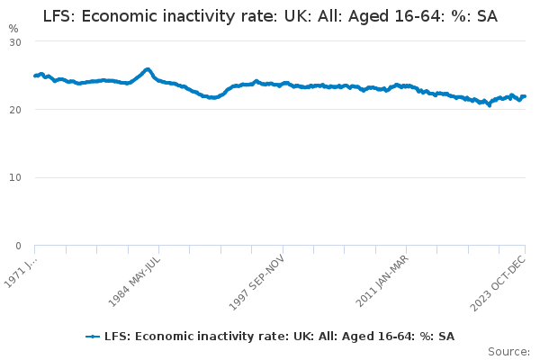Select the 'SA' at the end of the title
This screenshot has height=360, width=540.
click(x=486, y=16)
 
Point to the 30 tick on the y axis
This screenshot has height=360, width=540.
click(x=15, y=42)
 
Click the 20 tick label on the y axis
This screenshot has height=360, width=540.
click(x=15, y=110)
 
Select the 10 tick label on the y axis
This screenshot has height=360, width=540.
click(x=15, y=177)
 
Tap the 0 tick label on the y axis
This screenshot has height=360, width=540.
click(x=18, y=246)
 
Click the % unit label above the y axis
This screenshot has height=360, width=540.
click(x=13, y=29)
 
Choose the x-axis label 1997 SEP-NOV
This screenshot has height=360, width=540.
click(x=257, y=281)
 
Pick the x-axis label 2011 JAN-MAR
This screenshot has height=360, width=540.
click(x=382, y=281)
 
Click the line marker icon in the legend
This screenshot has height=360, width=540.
click(x=93, y=336)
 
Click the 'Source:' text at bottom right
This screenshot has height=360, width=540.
click(x=508, y=351)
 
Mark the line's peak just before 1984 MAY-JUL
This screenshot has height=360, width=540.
click(x=148, y=69)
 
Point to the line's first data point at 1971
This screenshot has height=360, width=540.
click(x=34, y=76)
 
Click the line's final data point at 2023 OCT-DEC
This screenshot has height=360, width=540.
click(x=525, y=96)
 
